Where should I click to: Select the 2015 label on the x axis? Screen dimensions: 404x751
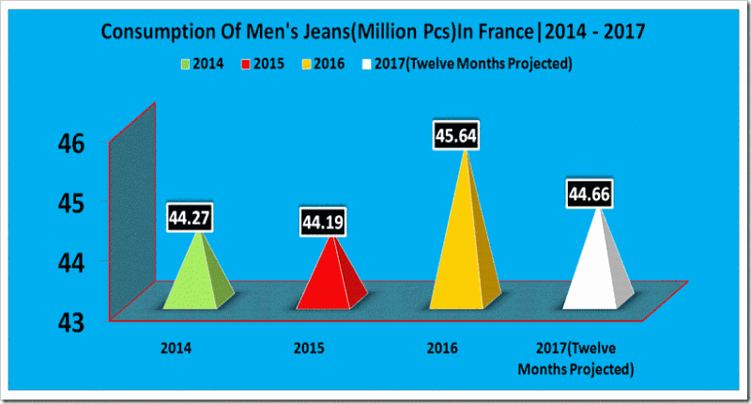point(309,349)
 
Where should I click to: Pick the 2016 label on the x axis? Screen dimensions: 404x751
point(441,349)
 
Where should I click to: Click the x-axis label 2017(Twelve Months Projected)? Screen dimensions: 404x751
point(576,358)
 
